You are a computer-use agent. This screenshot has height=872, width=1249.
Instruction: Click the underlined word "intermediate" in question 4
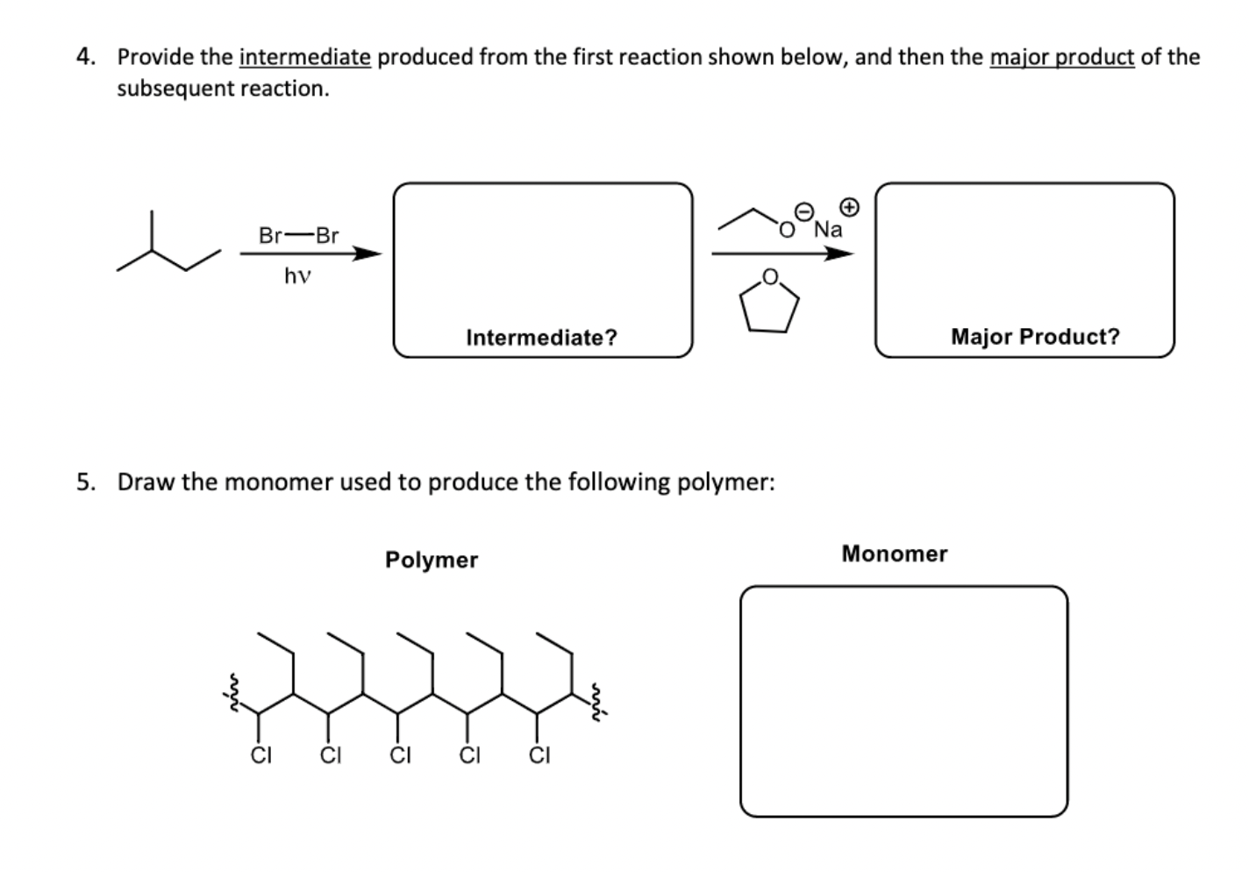pyautogui.click(x=304, y=58)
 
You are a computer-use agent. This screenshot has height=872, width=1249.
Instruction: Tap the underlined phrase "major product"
pyautogui.click(x=1061, y=58)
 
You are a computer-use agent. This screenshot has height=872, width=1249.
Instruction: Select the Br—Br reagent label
pyautogui.click(x=298, y=235)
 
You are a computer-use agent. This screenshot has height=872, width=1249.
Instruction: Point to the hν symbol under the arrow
pyautogui.click(x=297, y=276)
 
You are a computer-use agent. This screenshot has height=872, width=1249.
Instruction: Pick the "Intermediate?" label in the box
pyautogui.click(x=541, y=337)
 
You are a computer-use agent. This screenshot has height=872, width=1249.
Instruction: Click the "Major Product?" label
pyautogui.click(x=1035, y=336)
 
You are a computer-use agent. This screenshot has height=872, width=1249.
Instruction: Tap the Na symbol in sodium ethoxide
pyautogui.click(x=828, y=230)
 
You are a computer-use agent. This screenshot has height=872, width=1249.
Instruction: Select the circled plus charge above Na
pyautogui.click(x=848, y=207)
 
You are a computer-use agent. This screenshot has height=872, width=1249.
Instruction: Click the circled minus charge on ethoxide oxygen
pyautogui.click(x=803, y=211)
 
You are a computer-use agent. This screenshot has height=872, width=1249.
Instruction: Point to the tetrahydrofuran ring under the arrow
pyautogui.click(x=769, y=300)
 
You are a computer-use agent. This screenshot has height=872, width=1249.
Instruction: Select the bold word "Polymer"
pyautogui.click(x=432, y=560)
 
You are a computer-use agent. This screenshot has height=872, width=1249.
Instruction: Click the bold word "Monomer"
pyautogui.click(x=894, y=554)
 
